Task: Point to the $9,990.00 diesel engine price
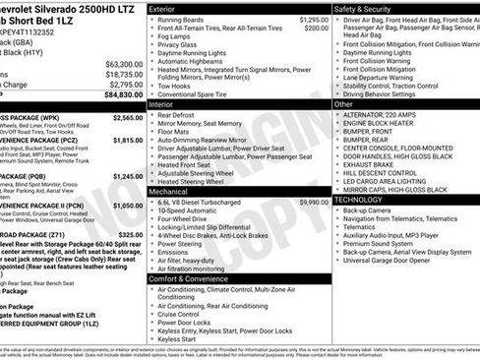pos(313,202)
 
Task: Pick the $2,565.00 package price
pos(127,118)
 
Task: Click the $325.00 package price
pos(132,234)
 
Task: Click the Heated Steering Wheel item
pos(193,181)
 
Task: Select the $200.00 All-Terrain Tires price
pos(316,29)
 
